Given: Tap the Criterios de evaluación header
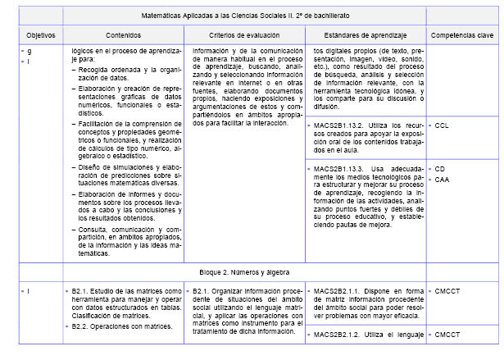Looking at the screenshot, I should click(243, 37).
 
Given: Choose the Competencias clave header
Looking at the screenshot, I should click(461, 37).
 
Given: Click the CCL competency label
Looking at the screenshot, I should click(442, 126).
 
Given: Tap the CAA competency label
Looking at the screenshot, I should click(442, 179).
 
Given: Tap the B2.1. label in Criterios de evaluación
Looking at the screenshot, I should click(202, 290).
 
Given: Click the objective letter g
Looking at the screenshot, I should click(29, 52).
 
